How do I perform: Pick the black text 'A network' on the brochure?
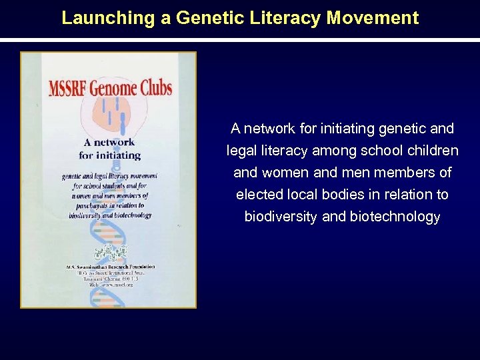point(109,142)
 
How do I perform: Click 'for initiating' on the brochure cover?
point(109,155)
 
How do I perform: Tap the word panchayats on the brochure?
point(91,205)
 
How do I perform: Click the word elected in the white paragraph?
point(256,195)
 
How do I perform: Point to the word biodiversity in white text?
point(281,217)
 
